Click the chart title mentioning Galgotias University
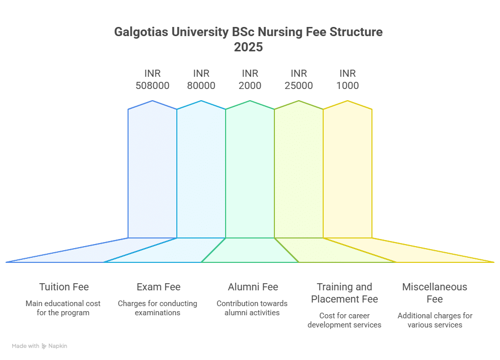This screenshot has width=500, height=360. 248,33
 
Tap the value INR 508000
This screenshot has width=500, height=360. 152,79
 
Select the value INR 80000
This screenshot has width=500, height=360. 201,79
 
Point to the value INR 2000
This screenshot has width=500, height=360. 250,79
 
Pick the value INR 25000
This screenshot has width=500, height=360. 299,79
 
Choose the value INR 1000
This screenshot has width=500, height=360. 348,79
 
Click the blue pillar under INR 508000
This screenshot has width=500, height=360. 152,173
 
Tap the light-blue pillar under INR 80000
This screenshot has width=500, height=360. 201,173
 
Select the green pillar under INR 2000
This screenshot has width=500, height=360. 250,173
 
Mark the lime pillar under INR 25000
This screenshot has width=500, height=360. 299,173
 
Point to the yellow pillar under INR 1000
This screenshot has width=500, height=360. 348,173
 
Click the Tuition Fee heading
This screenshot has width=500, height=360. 64,287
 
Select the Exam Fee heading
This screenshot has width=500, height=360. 158,287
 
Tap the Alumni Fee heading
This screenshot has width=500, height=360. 253,287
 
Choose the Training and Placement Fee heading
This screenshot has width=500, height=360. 345,293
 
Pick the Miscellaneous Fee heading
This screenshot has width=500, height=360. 434,293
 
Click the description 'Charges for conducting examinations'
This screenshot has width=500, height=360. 158,308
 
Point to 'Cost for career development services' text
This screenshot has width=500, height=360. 345,320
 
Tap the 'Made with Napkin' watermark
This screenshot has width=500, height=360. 40,346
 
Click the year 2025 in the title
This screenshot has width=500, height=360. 248,47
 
